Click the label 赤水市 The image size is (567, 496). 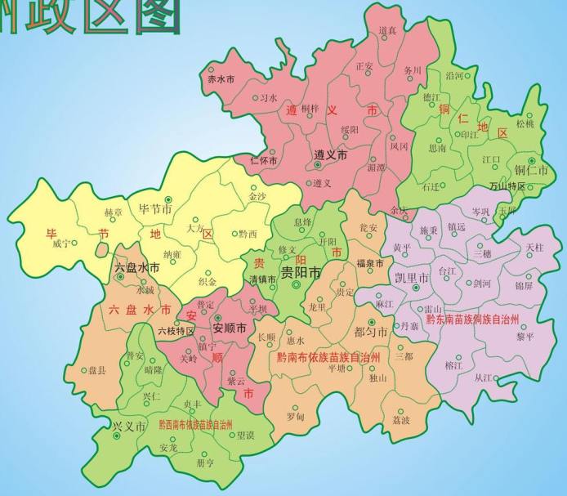(221, 79)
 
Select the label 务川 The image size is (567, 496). (413, 70)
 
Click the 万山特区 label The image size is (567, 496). (507, 186)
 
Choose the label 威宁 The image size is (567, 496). (61, 244)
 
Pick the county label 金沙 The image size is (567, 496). (257, 197)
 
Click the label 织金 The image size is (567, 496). (208, 282)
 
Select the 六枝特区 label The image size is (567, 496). (176, 331)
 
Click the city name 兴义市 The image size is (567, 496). (128, 427)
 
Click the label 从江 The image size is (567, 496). (484, 378)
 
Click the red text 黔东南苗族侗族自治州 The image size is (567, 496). (473, 318)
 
